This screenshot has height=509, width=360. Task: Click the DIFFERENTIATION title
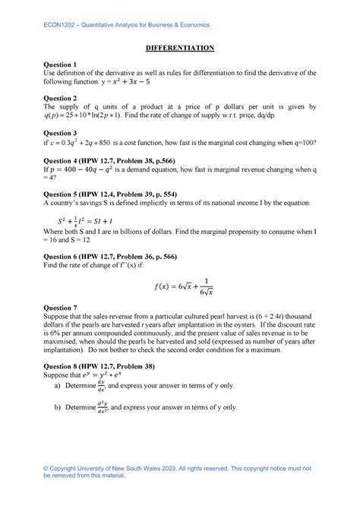point(180,48)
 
